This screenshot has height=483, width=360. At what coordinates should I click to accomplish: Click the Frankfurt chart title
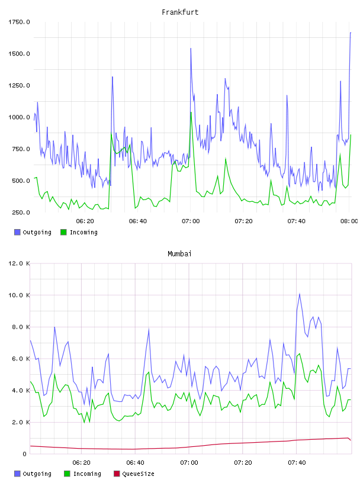(180, 12)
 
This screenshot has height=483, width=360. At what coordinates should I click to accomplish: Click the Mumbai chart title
(179, 254)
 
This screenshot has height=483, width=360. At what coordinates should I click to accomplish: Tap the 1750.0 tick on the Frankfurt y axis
(19, 22)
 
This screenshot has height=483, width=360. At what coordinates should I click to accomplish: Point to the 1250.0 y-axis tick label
(19, 85)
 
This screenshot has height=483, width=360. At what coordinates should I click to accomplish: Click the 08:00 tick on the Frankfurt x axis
(349, 221)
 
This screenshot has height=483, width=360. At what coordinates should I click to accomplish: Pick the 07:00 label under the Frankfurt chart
(191, 221)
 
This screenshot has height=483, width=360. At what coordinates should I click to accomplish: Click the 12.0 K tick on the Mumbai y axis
(19, 263)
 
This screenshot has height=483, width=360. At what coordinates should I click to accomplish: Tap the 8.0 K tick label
(21, 327)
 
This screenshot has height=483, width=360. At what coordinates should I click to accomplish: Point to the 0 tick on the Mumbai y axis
(24, 454)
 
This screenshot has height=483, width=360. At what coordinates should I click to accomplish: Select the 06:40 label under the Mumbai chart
(135, 462)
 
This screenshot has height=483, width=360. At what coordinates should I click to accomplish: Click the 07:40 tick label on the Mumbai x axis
(297, 462)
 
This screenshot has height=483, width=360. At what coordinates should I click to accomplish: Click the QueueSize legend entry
(134, 474)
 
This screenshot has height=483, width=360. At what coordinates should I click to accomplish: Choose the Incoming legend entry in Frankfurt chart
(79, 232)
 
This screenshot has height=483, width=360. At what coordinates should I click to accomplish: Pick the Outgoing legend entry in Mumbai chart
(33, 474)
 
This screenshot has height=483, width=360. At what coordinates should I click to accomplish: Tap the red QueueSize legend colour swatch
(117, 474)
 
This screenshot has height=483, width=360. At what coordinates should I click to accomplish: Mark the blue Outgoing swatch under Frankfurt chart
(17, 232)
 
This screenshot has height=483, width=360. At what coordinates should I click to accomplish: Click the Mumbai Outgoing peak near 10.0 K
(299, 294)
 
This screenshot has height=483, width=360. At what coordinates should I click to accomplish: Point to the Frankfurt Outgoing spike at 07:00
(191, 49)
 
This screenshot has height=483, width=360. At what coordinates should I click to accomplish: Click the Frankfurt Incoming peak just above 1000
(191, 112)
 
